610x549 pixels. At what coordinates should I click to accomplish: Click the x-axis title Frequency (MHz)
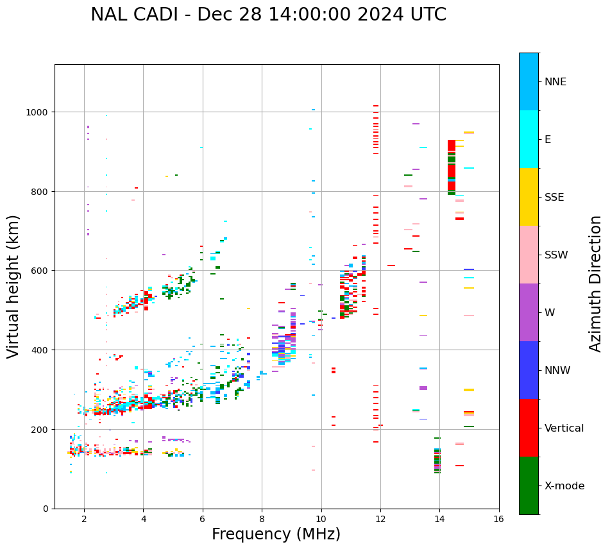tap(276, 534)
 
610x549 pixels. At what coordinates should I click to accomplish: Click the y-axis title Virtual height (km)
tap(13, 286)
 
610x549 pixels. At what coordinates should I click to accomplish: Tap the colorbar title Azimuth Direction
tap(596, 283)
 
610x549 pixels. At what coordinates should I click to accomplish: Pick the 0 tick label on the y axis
tap(45, 509)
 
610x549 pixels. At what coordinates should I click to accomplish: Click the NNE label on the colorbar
tap(555, 81)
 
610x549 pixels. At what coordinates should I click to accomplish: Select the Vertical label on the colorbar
tap(564, 428)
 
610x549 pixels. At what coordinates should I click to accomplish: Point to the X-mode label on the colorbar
tap(564, 486)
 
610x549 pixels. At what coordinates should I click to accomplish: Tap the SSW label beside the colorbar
tap(556, 255)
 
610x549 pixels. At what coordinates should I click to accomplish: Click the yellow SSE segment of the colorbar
tap(529, 197)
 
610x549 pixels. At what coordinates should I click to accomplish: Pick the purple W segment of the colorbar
tap(529, 312)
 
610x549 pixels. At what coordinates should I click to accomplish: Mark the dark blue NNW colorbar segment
tap(529, 370)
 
